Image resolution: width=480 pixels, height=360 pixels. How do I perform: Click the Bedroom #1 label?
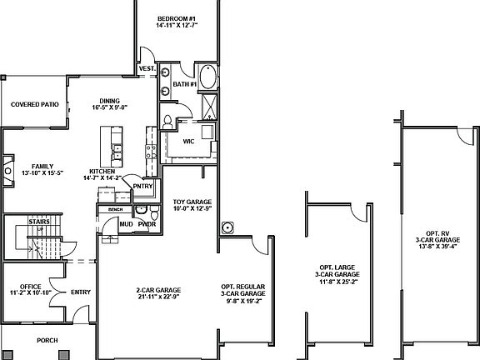(177, 18)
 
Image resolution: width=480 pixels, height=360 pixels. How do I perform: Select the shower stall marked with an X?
(207, 104)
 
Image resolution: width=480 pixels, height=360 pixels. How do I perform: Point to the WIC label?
(189, 141)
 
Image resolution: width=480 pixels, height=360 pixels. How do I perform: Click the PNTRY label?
(142, 186)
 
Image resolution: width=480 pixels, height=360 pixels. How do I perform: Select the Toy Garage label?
(192, 202)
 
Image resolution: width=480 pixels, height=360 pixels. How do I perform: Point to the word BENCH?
(116, 209)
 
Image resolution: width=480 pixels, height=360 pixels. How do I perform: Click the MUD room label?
(126, 224)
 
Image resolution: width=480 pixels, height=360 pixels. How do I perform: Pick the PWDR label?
(147, 224)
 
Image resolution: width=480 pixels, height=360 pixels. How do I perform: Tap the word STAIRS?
(37, 222)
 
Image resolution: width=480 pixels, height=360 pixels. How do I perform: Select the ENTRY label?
(81, 292)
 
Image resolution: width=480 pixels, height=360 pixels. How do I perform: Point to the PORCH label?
(47, 341)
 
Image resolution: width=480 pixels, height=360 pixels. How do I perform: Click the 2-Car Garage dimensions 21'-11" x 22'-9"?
(158, 295)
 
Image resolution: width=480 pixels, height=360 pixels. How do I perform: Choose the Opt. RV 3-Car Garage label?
(437, 239)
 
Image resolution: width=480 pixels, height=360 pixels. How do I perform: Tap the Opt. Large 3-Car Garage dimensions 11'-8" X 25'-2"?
(337, 282)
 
